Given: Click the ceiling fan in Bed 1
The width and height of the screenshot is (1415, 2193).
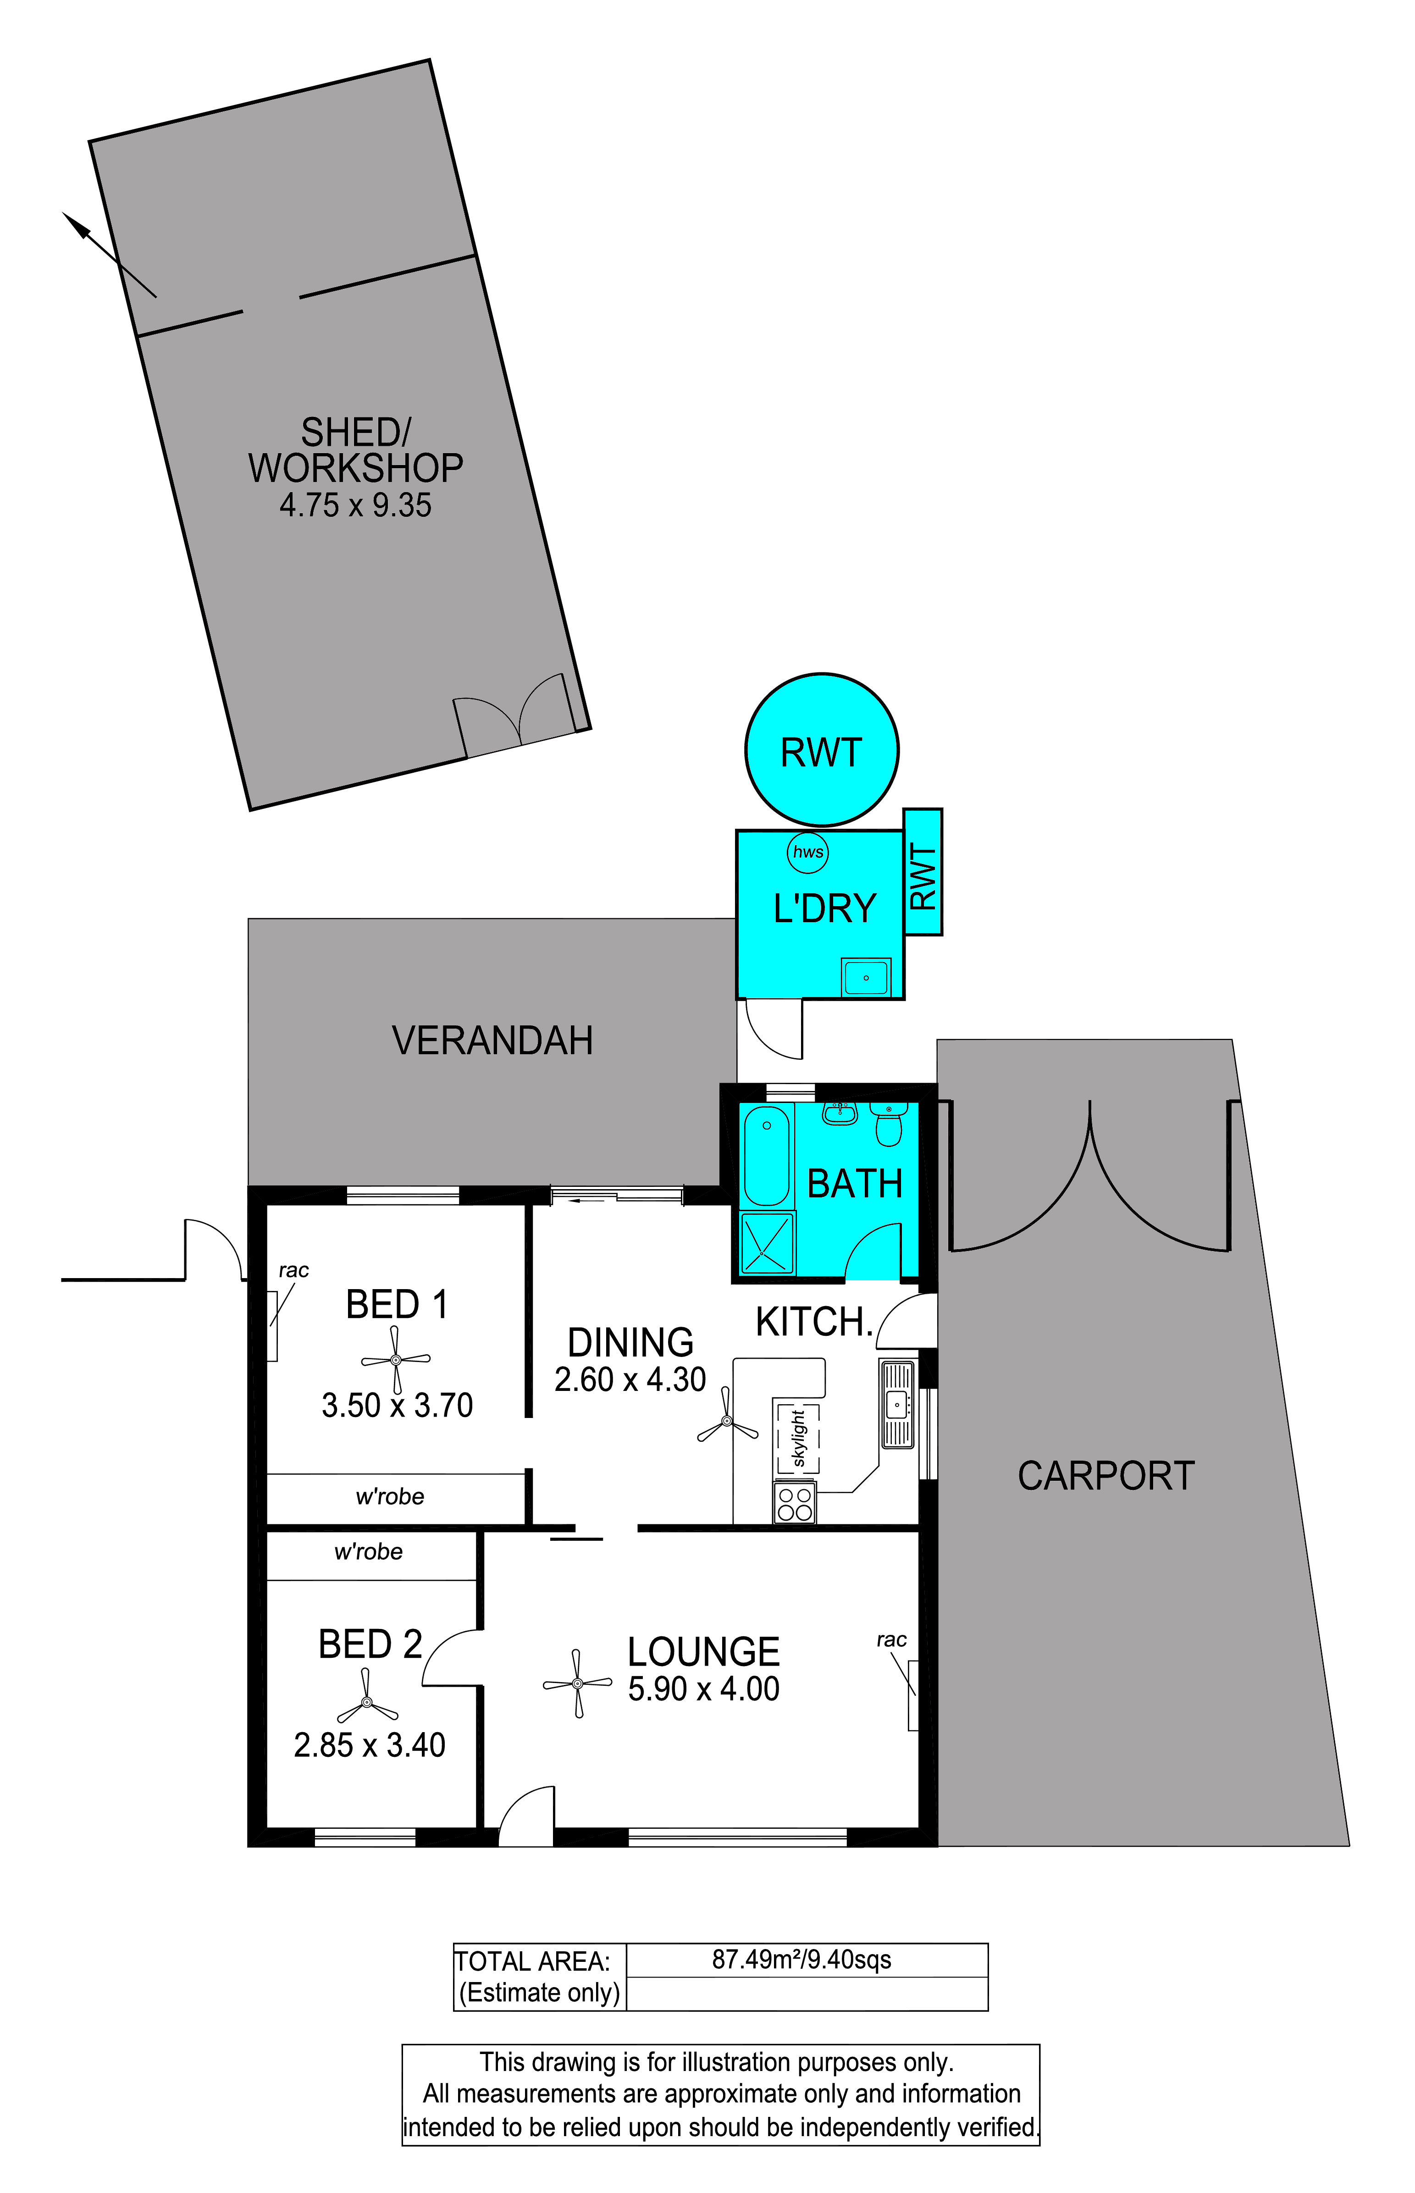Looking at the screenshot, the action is [x=395, y=1360].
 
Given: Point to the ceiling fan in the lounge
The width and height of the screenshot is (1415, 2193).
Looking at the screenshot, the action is [x=577, y=1683].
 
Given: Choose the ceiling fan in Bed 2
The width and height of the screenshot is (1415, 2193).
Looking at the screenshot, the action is [x=367, y=1702].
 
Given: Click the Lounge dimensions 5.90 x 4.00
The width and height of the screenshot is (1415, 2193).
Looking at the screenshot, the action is [x=704, y=1689].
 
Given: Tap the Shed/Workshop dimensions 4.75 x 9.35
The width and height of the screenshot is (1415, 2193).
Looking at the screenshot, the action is [x=356, y=505].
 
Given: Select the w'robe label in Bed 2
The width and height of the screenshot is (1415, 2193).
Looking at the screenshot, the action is [x=369, y=1552].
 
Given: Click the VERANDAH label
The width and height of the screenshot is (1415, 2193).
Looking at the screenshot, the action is [x=492, y=1041].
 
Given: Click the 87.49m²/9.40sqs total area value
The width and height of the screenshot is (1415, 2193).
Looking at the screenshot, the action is [x=801, y=1960].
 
